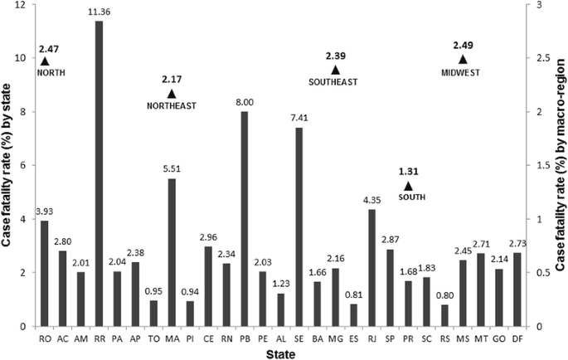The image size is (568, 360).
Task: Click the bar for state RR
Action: (100, 173)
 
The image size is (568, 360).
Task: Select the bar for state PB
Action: (245, 219)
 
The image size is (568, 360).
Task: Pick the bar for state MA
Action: (172, 252)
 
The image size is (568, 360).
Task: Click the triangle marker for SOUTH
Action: (407, 186)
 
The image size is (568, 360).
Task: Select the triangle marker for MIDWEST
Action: (463, 60)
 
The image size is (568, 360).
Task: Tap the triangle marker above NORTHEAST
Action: (172, 94)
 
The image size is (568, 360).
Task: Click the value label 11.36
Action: (100, 12)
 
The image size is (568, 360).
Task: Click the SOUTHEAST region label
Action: (333, 82)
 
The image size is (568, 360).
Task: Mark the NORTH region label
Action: (51, 72)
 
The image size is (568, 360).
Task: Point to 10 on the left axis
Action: (20, 59)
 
